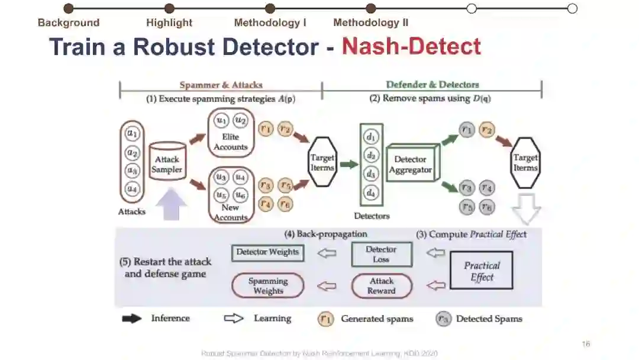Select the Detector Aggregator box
tap(410, 165)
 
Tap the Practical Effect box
tap(482, 271)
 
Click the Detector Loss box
tap(381, 254)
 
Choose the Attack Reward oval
tap(381, 286)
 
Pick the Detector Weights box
tap(267, 252)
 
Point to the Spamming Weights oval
tap(268, 286)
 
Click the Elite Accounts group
tap(231, 133)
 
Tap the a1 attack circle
tap(132, 133)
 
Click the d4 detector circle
tap(371, 192)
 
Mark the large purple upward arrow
tap(174, 204)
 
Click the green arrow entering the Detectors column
tap(349, 165)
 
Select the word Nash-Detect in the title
tap(411, 46)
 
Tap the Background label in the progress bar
tap(69, 23)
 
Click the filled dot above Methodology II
tap(371, 8)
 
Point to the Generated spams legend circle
tap(325, 319)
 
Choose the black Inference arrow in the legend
tap(132, 319)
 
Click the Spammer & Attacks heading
tap(221, 85)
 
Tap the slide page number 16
tap(586, 344)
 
